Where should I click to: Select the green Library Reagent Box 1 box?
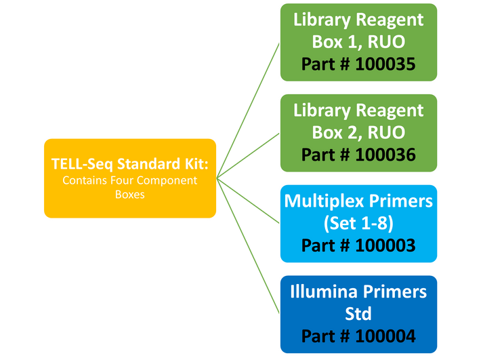pyautogui.click(x=358, y=41)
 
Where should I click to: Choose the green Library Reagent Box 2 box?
pyautogui.click(x=358, y=132)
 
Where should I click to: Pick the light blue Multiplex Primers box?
pyautogui.click(x=358, y=223)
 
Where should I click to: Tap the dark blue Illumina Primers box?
pyautogui.click(x=358, y=314)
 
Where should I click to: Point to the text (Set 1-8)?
pyautogui.click(x=358, y=224)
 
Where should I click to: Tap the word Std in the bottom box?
pyautogui.click(x=358, y=314)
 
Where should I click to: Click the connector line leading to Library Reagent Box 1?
pyautogui.click(x=251, y=108)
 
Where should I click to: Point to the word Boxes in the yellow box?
pyautogui.click(x=130, y=194)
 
